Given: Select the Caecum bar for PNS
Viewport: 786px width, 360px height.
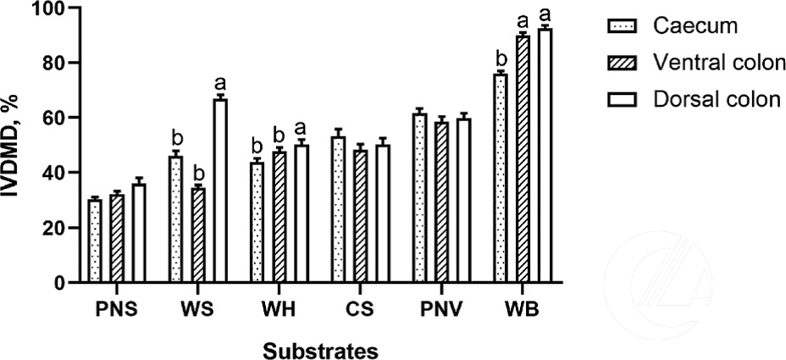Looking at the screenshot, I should (x=95, y=241).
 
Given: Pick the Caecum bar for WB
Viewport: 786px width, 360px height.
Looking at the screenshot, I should (x=501, y=178).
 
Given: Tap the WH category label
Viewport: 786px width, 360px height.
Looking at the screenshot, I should (x=280, y=308).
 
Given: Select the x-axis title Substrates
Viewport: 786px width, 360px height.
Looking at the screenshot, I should (x=319, y=349).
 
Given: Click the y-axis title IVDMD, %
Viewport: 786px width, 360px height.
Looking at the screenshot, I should (x=15, y=144).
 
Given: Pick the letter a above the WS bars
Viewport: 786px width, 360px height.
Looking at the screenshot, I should (x=220, y=83).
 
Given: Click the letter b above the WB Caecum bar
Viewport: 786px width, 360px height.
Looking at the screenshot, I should (x=501, y=58).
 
